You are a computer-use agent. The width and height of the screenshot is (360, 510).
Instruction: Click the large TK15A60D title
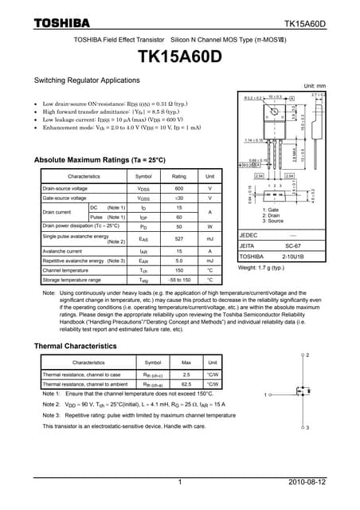(x=179, y=58)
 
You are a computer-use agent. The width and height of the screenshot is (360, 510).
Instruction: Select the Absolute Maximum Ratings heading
(x=100, y=159)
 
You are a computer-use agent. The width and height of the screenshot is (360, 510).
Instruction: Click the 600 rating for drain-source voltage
(x=179, y=188)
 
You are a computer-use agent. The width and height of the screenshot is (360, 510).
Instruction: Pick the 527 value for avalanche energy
(x=179, y=238)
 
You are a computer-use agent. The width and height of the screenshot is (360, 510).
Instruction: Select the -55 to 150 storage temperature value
(x=179, y=280)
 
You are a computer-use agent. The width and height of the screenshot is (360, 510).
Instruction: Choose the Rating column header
(x=179, y=175)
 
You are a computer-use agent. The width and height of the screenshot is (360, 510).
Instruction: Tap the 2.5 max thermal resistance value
(x=186, y=374)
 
